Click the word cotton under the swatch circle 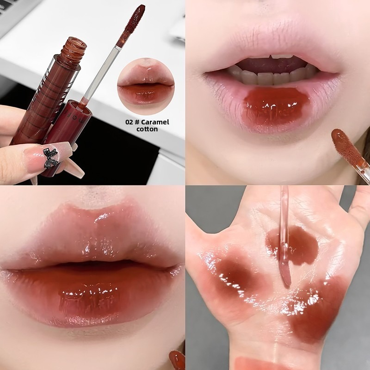pos(147,129)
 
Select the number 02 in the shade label pos(129,122)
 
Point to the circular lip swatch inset pos(146,86)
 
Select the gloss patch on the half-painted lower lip pos(276,107)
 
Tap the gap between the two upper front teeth pos(272,56)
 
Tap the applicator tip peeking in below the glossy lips pos(177,360)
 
